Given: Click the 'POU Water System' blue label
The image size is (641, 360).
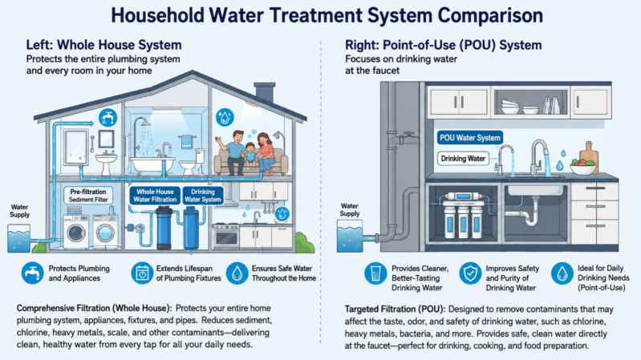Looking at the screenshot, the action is (469, 138).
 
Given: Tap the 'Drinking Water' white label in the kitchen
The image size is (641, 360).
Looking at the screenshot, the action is (463, 159).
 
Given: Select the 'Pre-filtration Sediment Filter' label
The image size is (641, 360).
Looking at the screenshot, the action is (88, 196).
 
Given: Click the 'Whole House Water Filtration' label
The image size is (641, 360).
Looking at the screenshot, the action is (155, 196).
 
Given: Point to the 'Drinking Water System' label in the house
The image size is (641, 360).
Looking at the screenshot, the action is (203, 196).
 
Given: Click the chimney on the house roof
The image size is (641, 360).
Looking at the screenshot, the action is (265, 92).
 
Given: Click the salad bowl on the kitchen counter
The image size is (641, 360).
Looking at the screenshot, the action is (582, 166).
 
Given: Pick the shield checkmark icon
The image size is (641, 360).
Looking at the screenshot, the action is (470, 273).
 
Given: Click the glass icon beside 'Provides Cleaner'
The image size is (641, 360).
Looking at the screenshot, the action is (375, 273).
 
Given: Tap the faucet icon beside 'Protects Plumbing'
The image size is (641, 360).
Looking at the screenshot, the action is (32, 273).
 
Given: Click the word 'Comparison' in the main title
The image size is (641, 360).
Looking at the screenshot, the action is (490, 15).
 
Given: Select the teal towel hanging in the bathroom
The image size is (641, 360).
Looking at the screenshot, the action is (187, 141).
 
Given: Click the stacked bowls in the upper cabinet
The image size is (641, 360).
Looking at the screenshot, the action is (510, 107).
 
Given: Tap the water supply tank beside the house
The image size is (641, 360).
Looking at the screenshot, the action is (18, 238).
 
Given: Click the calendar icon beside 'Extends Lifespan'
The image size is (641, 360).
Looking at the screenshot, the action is (142, 273).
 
